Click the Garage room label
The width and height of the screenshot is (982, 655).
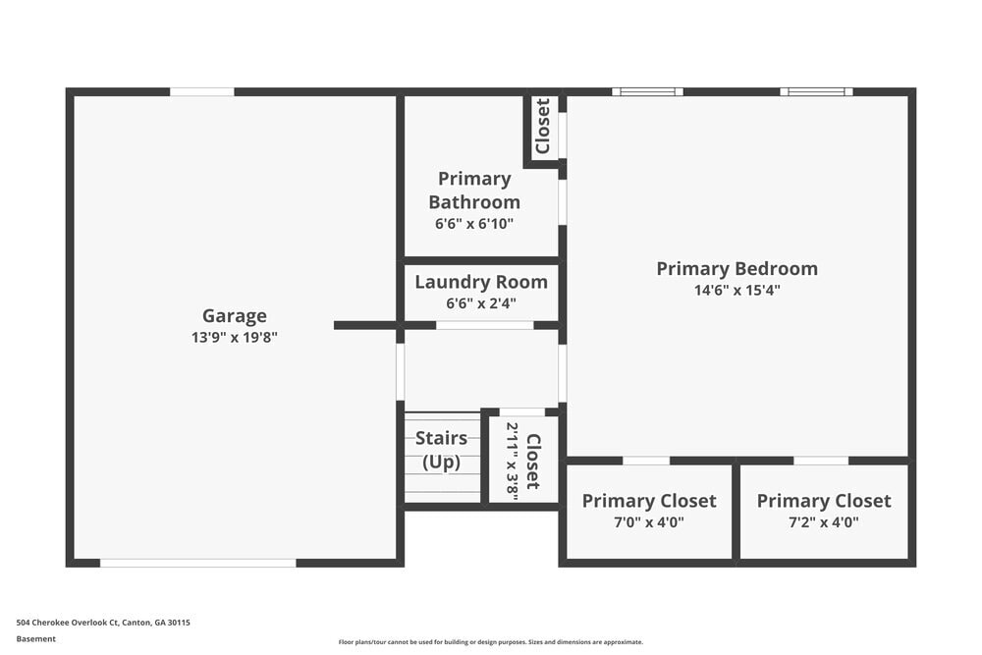(234, 315)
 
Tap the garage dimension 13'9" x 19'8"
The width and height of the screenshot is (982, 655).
(234, 337)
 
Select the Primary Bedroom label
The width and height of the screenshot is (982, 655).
(736, 268)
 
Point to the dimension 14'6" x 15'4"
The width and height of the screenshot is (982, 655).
(736, 290)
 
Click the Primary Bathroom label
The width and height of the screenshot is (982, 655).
(474, 190)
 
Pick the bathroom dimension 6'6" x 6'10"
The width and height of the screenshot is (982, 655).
(474, 223)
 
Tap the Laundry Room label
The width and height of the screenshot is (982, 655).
(481, 282)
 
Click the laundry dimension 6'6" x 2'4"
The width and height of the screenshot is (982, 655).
(481, 303)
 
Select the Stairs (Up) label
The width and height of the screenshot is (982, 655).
(441, 450)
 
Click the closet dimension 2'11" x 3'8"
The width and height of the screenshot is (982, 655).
(512, 458)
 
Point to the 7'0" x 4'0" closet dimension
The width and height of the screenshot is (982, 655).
(649, 522)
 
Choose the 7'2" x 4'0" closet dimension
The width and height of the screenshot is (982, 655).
(824, 522)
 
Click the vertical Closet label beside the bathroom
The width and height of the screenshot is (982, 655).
(542, 127)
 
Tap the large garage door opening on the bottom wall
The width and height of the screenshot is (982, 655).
(197, 563)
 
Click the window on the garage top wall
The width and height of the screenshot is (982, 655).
(202, 92)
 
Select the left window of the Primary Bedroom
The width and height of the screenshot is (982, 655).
(647, 92)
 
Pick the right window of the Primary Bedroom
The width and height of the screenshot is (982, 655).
(816, 92)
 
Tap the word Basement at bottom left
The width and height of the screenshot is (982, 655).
(36, 638)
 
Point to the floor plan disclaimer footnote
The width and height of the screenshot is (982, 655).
(491, 642)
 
